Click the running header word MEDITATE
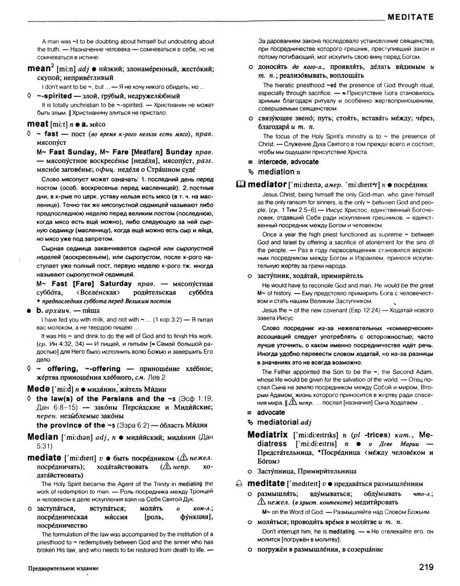[410, 17]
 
